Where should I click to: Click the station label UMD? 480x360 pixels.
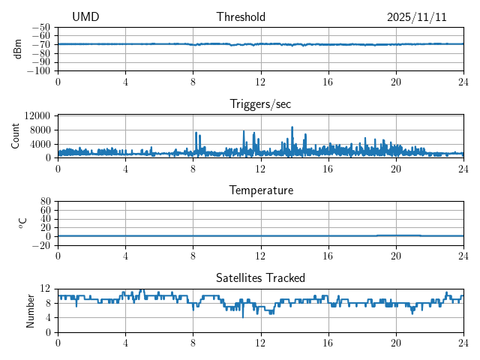[x=85, y=17]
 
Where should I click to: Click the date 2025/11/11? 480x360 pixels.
[x=417, y=17]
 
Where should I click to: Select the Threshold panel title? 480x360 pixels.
[x=241, y=17]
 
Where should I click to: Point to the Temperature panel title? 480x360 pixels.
[x=260, y=190]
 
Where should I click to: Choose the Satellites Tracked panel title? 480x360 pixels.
[x=260, y=277]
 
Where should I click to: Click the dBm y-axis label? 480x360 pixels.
[x=17, y=49]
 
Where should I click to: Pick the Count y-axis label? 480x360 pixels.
[x=16, y=136]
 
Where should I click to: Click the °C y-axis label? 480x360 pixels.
[x=22, y=223]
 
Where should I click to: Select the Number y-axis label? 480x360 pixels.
[x=31, y=310]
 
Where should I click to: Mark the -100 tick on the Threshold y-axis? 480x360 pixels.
[x=40, y=71]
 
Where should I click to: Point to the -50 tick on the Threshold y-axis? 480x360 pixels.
[x=43, y=28]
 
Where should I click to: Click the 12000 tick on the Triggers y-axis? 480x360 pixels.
[x=37, y=115]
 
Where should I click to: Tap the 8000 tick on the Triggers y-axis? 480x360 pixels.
[x=40, y=129]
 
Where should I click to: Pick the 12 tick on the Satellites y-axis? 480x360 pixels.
[x=46, y=289]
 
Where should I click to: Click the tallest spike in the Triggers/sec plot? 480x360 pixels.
[x=292, y=127]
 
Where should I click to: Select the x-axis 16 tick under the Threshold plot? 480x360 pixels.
[x=328, y=82]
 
